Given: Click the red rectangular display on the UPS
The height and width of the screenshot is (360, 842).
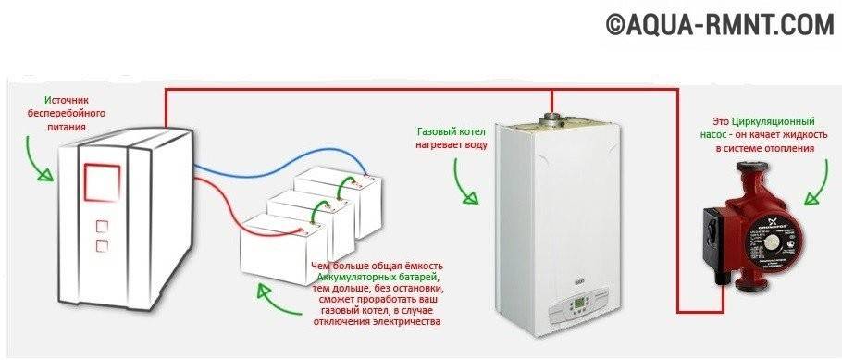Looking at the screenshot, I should point(101,180).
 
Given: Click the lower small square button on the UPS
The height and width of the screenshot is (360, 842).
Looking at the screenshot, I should point(101,245).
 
